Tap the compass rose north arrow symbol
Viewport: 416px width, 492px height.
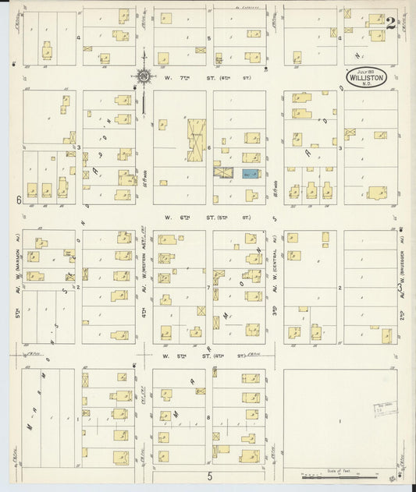coord(144,77)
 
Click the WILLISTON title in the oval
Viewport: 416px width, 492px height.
coord(364,79)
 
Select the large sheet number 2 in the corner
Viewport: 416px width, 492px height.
coord(390,22)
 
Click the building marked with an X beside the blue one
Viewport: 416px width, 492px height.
coord(224,173)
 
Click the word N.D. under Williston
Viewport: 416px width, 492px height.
coord(364,86)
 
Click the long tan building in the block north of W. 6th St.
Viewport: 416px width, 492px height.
coord(194,139)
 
